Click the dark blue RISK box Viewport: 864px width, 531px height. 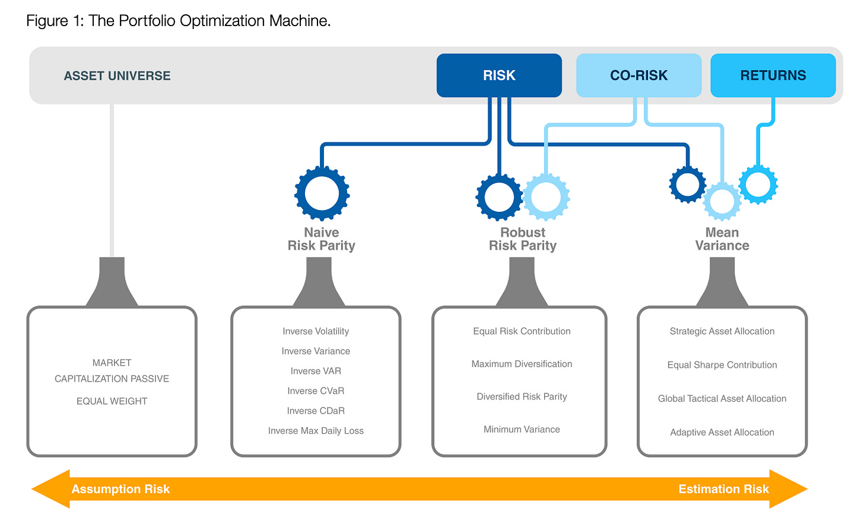(x=498, y=75)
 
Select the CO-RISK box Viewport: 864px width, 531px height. (x=639, y=75)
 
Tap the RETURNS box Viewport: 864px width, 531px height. (x=773, y=75)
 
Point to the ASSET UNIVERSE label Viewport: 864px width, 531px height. (x=117, y=75)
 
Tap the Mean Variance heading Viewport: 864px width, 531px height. (x=722, y=239)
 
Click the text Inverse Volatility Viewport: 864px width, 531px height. (x=316, y=331)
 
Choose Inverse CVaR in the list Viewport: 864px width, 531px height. (x=316, y=390)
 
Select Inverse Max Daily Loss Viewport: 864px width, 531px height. (x=316, y=431)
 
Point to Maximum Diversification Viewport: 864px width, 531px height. (x=522, y=364)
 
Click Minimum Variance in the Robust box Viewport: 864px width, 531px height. (x=522, y=429)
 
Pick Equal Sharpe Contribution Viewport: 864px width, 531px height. (x=722, y=365)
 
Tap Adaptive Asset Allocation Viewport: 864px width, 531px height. (x=722, y=433)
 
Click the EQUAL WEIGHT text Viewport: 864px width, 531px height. (x=112, y=401)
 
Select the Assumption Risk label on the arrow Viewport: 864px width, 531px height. (x=120, y=489)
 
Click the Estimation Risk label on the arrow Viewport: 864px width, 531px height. (x=723, y=489)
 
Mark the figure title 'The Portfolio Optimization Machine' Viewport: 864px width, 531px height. (x=209, y=21)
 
